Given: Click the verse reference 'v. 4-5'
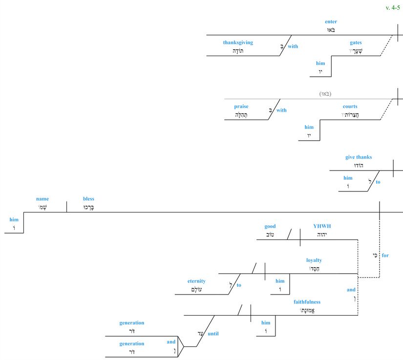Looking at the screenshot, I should (x=392, y=7).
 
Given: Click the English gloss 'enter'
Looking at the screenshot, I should (x=331, y=22).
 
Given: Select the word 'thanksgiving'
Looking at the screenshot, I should (x=238, y=42).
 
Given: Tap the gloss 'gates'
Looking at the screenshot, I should (x=356, y=43).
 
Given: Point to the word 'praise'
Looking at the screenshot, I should (x=241, y=106).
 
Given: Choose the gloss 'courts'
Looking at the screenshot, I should (x=350, y=106).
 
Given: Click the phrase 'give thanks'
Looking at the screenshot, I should (x=358, y=157).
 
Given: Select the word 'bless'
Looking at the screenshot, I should (x=88, y=199).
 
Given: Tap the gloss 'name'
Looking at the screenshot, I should (x=42, y=199).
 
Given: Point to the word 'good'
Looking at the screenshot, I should (x=270, y=226).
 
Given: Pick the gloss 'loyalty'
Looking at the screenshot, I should (x=314, y=260).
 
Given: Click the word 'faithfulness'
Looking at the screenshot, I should (x=307, y=302).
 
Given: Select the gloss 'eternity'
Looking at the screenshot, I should (x=196, y=281).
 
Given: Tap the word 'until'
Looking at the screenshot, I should (x=213, y=334).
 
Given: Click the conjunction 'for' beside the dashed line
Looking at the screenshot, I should (x=385, y=255).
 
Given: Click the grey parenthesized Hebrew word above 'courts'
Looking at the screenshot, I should (x=325, y=93).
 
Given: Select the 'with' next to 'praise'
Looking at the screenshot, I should (x=281, y=110).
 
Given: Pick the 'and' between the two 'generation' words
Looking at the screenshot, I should (x=170, y=342).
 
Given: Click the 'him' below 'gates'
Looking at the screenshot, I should (x=320, y=64).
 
